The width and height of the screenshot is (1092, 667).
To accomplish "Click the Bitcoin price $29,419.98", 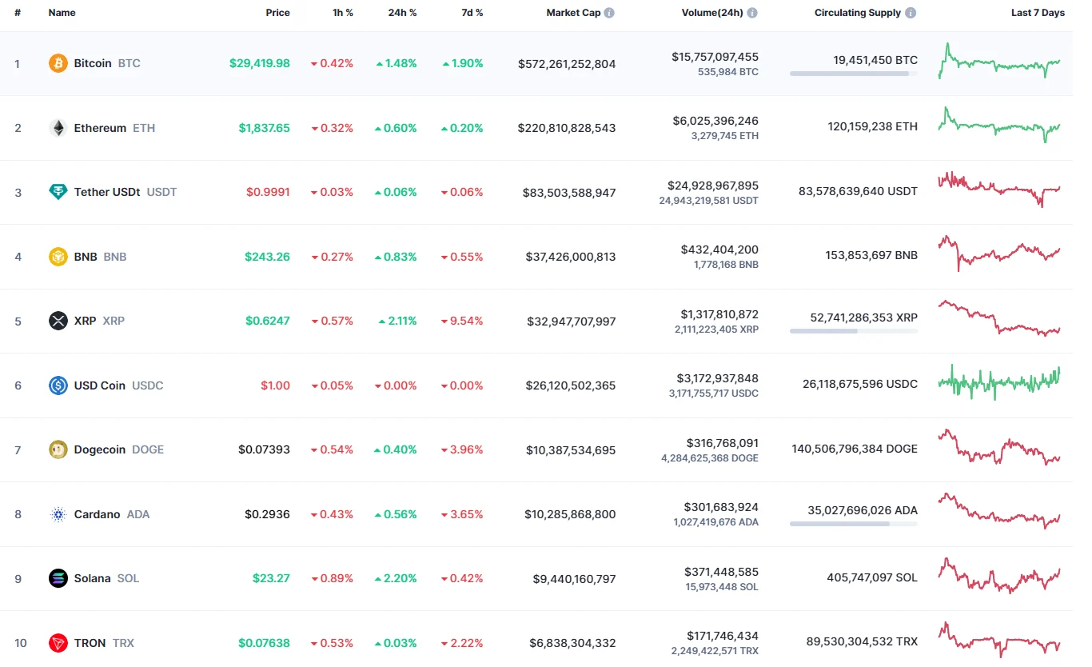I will point(259,63).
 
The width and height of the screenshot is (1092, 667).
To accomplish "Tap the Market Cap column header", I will point(573,13).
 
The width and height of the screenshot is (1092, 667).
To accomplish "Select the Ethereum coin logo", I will point(58,128).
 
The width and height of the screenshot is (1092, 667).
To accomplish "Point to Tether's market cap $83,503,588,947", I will point(569,193).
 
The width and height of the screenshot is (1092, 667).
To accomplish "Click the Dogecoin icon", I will point(58,449).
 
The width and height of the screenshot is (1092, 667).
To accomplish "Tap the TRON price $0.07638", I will point(264,643).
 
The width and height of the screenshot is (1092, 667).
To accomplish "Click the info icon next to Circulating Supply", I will point(911,13).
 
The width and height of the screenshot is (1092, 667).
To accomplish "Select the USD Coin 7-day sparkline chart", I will point(999,381).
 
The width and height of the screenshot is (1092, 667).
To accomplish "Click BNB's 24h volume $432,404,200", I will point(719,250).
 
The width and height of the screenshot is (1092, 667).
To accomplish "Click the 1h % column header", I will point(342,13).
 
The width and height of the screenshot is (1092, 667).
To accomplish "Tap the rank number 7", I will point(18,450).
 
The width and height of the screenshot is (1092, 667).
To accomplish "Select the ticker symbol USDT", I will point(161,192).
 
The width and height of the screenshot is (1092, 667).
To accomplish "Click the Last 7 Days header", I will point(1038,13).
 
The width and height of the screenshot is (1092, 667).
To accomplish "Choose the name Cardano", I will point(97,514).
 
